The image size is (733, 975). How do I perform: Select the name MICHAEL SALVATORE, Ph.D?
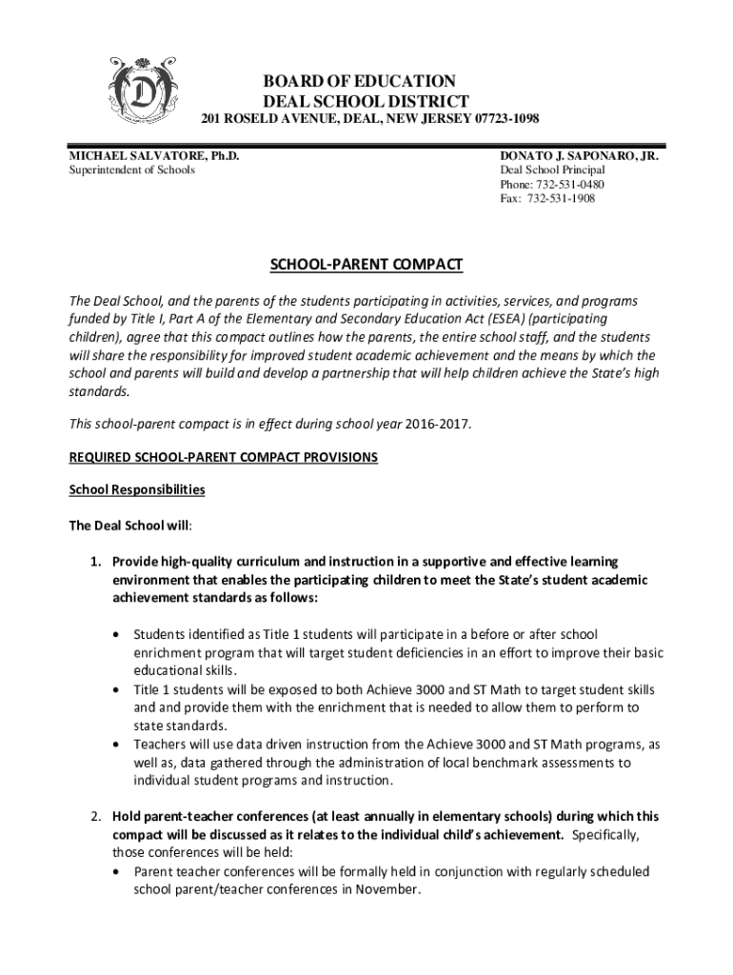pos(153,154)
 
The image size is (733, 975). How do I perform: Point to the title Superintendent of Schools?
pos(131,169)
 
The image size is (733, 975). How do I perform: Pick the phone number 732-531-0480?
pos(570,184)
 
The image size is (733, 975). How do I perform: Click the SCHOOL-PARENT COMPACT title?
pos(366,264)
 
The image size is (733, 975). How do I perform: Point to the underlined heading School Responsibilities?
pos(137,490)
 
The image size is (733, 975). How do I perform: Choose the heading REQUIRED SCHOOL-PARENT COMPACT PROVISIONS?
pos(224,458)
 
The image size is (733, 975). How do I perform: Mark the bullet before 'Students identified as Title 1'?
pos(116,634)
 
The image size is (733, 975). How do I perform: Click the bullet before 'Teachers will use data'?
pos(116,745)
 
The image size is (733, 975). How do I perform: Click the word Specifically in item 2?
pos(605,835)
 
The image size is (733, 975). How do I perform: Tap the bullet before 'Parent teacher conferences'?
pos(116,871)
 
